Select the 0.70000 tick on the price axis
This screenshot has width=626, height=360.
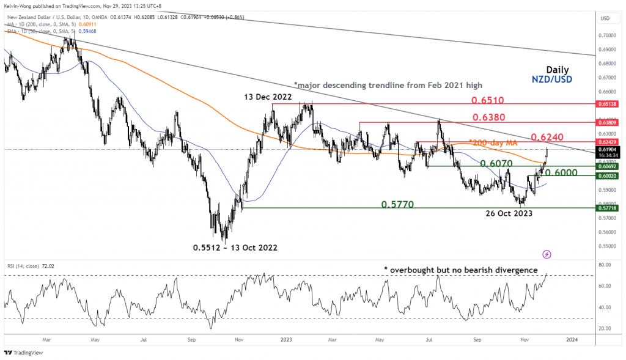pyautogui.click(x=608, y=35)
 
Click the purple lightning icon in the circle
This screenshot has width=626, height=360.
pyautogui.click(x=547, y=254)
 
